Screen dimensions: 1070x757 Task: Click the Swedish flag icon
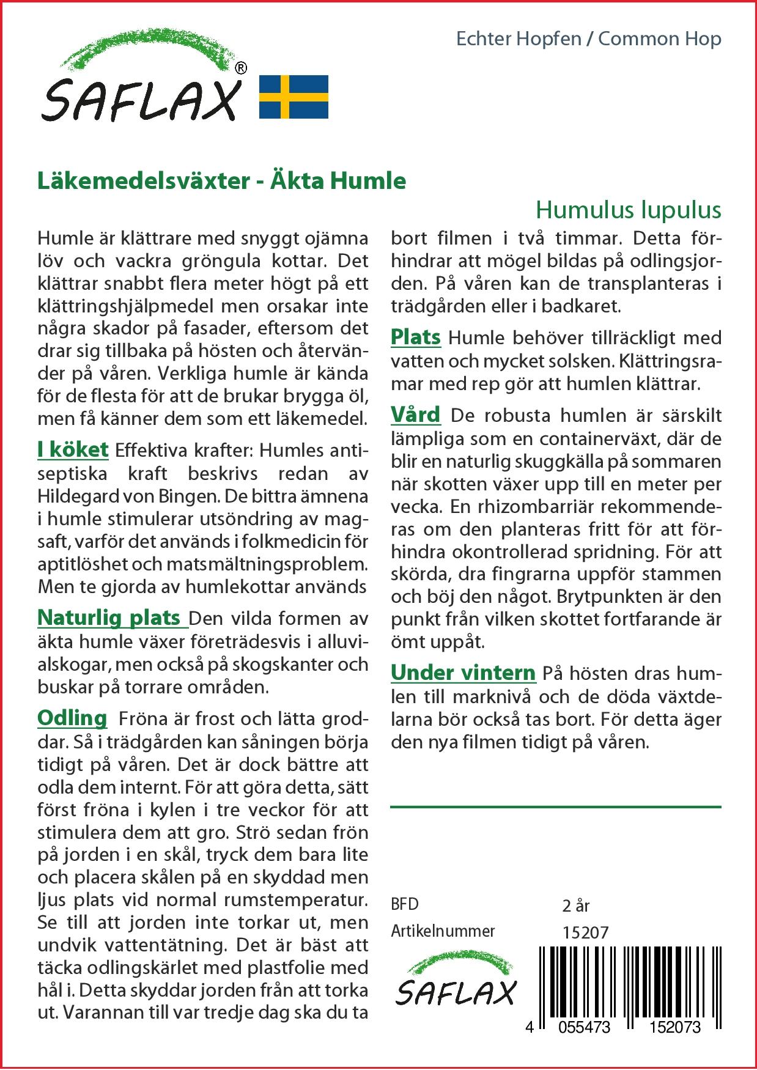(294, 97)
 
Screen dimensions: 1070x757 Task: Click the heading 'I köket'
(73, 449)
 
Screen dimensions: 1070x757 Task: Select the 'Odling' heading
(72, 717)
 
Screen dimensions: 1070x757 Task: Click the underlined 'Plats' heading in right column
(416, 337)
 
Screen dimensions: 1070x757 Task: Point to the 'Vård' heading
(416, 415)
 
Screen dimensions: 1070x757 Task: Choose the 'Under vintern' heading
(463, 673)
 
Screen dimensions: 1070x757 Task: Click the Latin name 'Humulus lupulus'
(629, 210)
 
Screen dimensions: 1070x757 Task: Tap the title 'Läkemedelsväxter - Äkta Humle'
(221, 181)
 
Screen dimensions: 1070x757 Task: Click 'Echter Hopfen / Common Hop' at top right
(589, 39)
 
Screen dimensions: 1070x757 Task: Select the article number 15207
(585, 932)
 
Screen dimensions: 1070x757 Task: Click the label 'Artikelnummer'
(443, 931)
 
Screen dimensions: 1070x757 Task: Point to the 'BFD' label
(404, 904)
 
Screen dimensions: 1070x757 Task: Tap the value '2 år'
(575, 905)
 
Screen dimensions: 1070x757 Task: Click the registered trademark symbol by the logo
(241, 68)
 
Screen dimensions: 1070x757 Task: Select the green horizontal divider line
(555, 807)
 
